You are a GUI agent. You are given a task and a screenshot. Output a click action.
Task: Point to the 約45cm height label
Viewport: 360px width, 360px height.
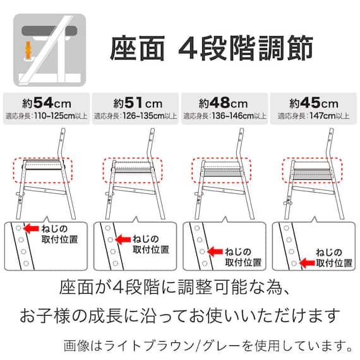click(x=313, y=102)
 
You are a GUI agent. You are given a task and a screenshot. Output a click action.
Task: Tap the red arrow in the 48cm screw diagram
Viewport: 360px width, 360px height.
click(x=213, y=251)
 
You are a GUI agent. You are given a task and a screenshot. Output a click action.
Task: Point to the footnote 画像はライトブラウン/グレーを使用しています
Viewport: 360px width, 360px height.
click(x=208, y=345)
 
